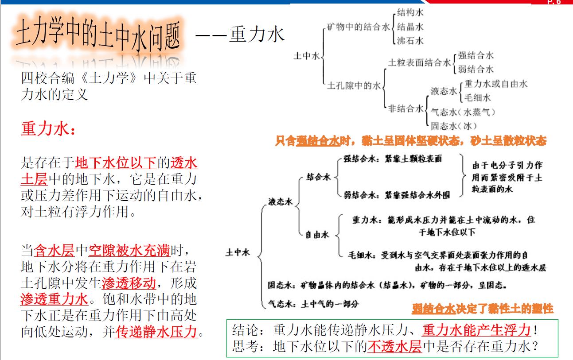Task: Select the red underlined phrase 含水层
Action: point(55,251)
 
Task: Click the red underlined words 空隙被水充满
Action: point(129,251)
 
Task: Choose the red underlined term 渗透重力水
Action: point(55,299)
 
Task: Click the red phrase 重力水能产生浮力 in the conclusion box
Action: point(477,330)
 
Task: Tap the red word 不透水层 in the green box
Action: point(395,346)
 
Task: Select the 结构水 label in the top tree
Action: point(410,12)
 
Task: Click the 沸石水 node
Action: point(410,41)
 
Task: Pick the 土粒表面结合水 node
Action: point(419,62)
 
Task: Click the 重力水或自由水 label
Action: point(495,84)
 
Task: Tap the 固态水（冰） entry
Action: point(454,126)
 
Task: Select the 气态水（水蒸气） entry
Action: point(463,112)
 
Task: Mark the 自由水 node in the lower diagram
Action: point(317,235)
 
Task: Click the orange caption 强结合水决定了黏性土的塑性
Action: point(483,309)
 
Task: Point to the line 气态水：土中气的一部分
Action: point(313,304)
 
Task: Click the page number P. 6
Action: point(554,2)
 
